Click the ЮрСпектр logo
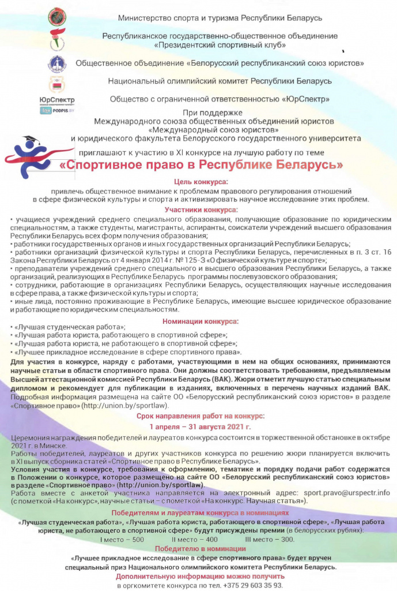(56, 100)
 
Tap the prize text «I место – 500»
(122, 539)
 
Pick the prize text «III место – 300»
(270, 539)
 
